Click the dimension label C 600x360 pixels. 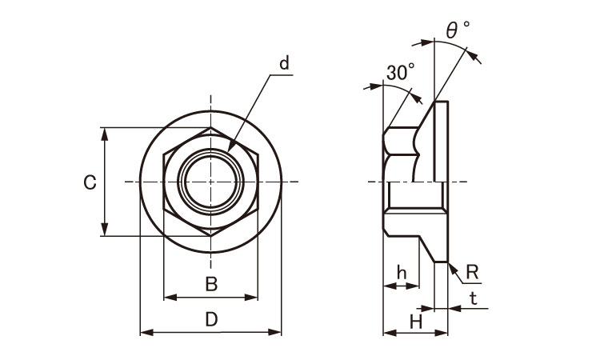coord(90,182)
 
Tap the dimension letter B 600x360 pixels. coord(211,284)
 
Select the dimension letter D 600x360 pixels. coord(211,319)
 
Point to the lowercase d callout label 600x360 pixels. coord(284,63)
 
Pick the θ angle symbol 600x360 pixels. coord(452,30)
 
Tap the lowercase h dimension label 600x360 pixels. coord(402,273)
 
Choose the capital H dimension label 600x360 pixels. coord(416,322)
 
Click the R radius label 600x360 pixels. coord(473,272)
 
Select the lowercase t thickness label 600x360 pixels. coord(474,298)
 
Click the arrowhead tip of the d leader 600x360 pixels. coord(229,151)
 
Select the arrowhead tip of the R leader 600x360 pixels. coord(449,263)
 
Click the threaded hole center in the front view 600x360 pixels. coord(210,182)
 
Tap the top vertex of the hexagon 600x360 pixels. coord(210,127)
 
